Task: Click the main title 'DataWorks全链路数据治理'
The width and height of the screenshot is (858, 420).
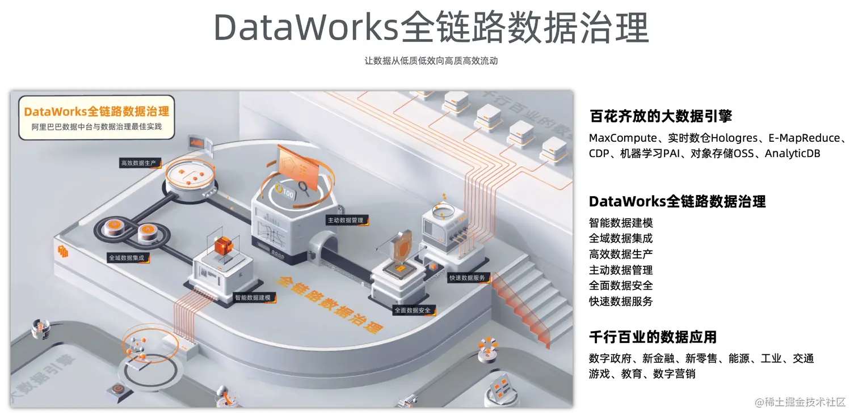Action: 431,27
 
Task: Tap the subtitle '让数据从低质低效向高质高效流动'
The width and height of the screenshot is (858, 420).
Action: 431,61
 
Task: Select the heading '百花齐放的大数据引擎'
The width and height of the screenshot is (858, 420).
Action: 661,116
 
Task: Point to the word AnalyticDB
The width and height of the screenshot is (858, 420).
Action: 792,154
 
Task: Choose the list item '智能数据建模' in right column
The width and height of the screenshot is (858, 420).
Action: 621,223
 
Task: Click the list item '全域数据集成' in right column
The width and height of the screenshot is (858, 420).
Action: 621,239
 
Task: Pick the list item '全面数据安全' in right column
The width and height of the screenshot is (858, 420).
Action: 621,286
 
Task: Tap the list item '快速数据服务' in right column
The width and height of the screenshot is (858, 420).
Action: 621,302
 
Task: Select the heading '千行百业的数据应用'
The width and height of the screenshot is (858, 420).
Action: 653,338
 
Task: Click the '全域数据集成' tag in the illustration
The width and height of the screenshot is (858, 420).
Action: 127,258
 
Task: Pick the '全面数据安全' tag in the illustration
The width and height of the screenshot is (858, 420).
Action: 413,310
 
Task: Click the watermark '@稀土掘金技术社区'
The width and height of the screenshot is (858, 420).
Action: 800,402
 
